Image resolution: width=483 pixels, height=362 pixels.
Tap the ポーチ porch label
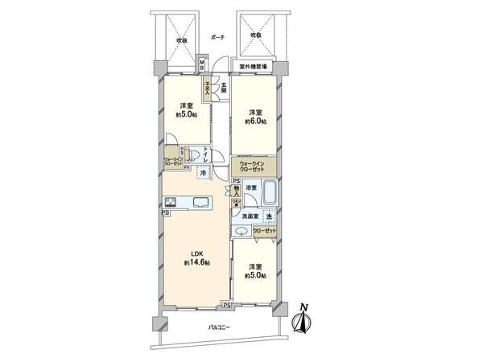pos(217,37)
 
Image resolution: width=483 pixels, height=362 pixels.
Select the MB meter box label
pos(203,64)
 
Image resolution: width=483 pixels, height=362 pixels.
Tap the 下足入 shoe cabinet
pos(207,87)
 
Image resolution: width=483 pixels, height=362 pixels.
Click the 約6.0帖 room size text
pos(256,122)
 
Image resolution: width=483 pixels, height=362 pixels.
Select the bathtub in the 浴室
pos(270,194)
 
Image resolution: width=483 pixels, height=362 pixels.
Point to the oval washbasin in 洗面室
pos(241,232)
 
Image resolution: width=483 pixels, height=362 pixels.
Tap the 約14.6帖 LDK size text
pos(196,263)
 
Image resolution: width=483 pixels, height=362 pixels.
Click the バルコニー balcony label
pos(218,328)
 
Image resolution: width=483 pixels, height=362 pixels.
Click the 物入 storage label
pos(237,191)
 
